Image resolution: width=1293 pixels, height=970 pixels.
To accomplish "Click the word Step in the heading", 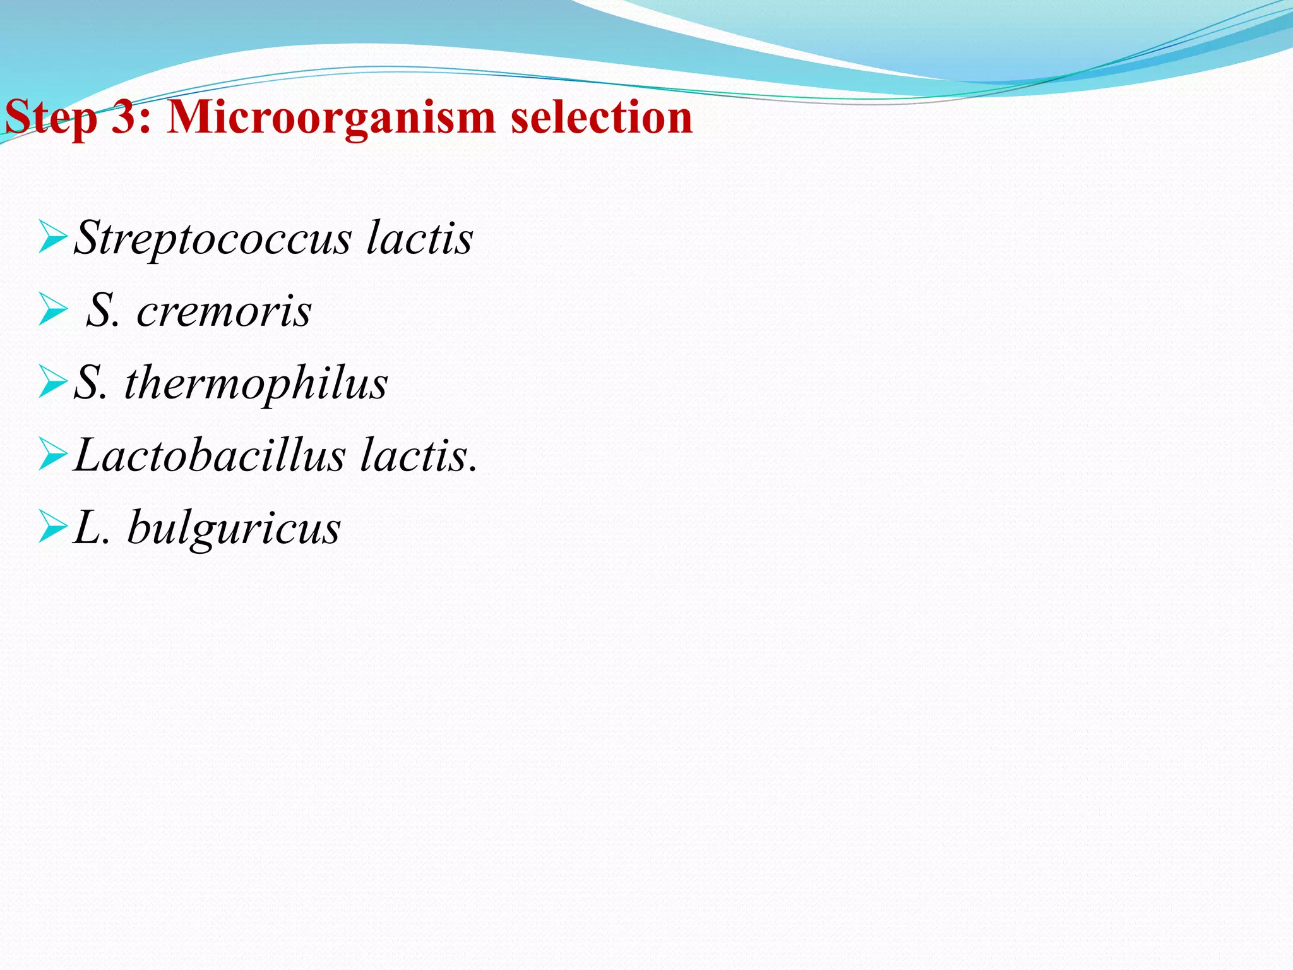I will coord(51,118).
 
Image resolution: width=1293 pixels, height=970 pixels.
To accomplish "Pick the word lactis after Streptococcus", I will coord(419,238).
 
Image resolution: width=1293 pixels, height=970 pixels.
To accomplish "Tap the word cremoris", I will coord(224,311).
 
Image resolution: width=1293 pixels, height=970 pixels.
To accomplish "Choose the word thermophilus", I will coord(256,384).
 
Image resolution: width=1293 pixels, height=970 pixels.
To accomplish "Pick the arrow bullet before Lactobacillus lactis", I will coord(52,455).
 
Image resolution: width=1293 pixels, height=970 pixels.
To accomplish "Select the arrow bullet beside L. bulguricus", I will coord(52,527).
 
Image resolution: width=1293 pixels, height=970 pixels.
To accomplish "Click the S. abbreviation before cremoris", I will coord(103,311).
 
